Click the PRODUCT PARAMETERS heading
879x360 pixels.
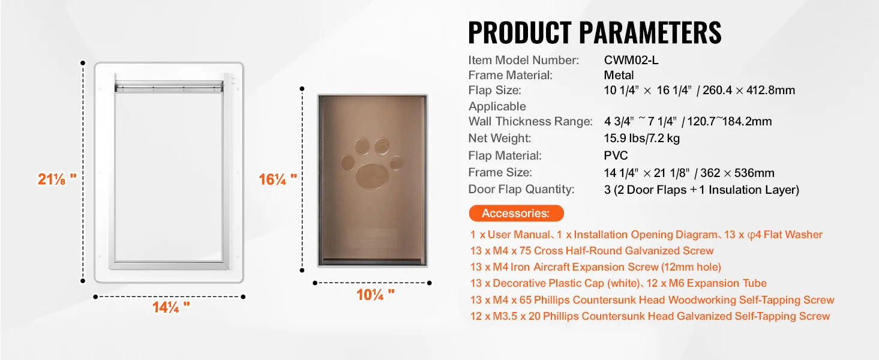point(594,32)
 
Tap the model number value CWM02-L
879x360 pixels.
point(631,60)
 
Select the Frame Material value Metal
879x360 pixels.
point(619,75)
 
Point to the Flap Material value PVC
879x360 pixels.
point(616,155)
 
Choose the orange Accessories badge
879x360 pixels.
point(515,213)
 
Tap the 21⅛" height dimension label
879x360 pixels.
point(57,179)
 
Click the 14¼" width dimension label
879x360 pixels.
point(170,307)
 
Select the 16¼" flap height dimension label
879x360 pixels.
point(278,179)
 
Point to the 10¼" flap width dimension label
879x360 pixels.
point(375,294)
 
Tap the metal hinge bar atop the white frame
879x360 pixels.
point(169,88)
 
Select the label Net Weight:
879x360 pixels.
point(499,138)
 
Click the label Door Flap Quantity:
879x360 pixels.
point(521,189)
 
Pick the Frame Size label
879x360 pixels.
point(500,172)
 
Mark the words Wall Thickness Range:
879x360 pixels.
point(530,121)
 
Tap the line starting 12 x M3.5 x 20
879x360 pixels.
point(650,316)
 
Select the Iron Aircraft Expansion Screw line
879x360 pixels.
point(595,267)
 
